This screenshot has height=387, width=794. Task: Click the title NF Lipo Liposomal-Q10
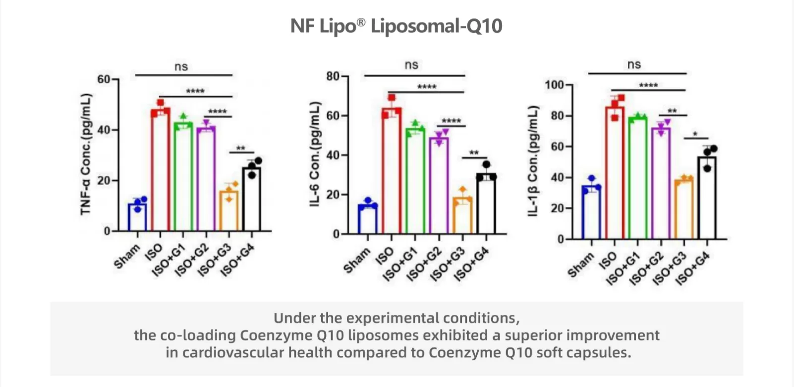pos(397,26)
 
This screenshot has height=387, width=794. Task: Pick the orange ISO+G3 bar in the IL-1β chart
pos(683,210)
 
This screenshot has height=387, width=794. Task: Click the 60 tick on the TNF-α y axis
pos(104,79)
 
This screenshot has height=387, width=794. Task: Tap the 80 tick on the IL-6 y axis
pos(333,76)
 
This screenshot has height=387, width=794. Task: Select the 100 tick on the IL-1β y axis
pos(554,85)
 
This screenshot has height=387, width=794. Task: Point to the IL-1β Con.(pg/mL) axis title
pos(533,161)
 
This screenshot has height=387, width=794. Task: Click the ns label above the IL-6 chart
pos(411,65)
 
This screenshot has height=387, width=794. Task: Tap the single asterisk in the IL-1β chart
pos(695,134)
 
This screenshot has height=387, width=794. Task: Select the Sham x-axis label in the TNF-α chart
pos(127,257)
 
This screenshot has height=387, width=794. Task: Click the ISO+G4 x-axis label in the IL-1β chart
pos(692,268)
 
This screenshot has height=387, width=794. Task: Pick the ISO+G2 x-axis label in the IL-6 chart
pos(424,264)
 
